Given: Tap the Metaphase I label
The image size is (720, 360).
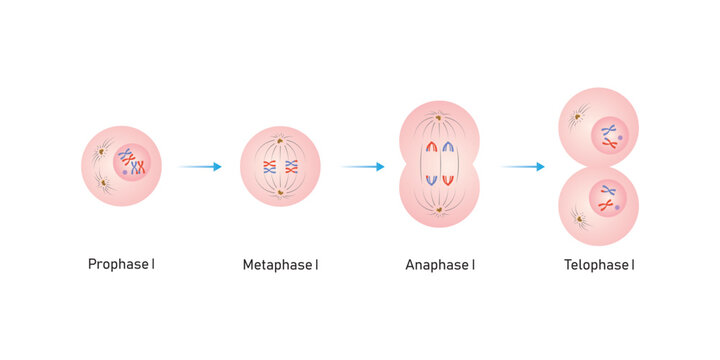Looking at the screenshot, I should click(280, 265).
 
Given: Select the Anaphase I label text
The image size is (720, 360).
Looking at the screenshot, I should click(440, 265).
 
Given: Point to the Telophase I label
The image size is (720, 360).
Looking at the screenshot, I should click(599, 265).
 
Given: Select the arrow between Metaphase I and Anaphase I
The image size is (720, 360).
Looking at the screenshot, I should click(362, 167).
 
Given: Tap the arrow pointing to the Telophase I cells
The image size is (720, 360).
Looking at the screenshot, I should click(523, 167).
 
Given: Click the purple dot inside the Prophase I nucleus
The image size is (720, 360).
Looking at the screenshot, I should click(125, 172).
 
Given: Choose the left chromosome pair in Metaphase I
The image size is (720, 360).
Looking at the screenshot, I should click(268, 166).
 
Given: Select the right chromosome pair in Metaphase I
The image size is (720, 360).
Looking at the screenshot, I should click(291, 166).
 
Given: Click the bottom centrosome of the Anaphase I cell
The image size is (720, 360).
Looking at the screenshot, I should click(440, 208).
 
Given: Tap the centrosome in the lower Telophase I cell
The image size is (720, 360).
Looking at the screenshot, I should click(577, 214).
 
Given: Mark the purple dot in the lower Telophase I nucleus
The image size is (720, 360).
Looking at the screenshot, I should click(619, 207).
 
